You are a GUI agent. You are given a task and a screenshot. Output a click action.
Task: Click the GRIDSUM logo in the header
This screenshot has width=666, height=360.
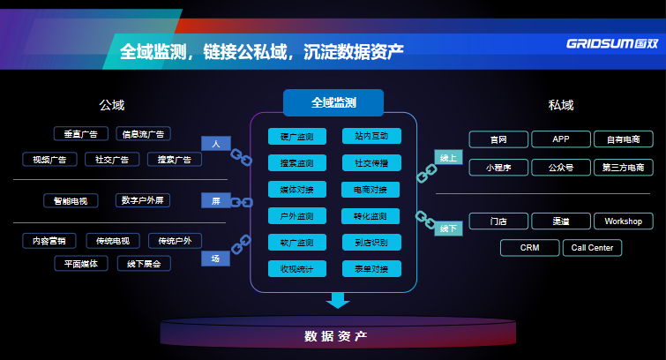(611, 43)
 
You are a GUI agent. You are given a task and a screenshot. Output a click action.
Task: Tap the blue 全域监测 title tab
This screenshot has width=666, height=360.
(333, 102)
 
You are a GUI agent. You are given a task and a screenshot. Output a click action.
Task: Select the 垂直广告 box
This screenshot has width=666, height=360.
(80, 134)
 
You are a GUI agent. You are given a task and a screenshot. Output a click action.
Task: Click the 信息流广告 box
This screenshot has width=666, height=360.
(143, 134)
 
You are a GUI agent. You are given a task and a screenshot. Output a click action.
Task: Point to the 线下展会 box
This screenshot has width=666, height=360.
(143, 263)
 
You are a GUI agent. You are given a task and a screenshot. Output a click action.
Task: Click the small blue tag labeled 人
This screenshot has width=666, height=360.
(215, 143)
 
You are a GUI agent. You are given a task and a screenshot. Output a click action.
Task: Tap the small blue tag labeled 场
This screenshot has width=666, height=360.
(215, 258)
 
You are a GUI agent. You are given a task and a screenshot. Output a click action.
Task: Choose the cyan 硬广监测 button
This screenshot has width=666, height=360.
(297, 137)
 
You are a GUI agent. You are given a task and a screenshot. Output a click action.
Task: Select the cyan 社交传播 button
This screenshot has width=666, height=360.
(371, 163)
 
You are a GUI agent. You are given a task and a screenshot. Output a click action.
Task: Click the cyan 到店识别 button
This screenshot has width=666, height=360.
(371, 242)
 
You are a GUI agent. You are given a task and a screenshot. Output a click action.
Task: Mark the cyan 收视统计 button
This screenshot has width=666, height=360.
(297, 268)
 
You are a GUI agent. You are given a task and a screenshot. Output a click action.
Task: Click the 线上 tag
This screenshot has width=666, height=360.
(449, 158)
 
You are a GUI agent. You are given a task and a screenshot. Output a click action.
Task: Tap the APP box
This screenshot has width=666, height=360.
(561, 139)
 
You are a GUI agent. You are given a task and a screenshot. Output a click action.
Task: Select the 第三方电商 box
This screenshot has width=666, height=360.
(624, 166)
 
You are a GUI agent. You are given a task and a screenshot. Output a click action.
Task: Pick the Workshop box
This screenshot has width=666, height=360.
(624, 221)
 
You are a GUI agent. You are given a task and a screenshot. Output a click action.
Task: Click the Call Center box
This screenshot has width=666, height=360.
(592, 248)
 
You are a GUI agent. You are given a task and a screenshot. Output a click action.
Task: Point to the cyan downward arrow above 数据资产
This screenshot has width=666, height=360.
(338, 300)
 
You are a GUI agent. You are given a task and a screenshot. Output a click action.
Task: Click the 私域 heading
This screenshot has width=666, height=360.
(561, 105)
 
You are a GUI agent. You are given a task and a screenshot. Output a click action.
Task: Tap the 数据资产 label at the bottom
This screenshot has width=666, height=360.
(335, 336)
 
